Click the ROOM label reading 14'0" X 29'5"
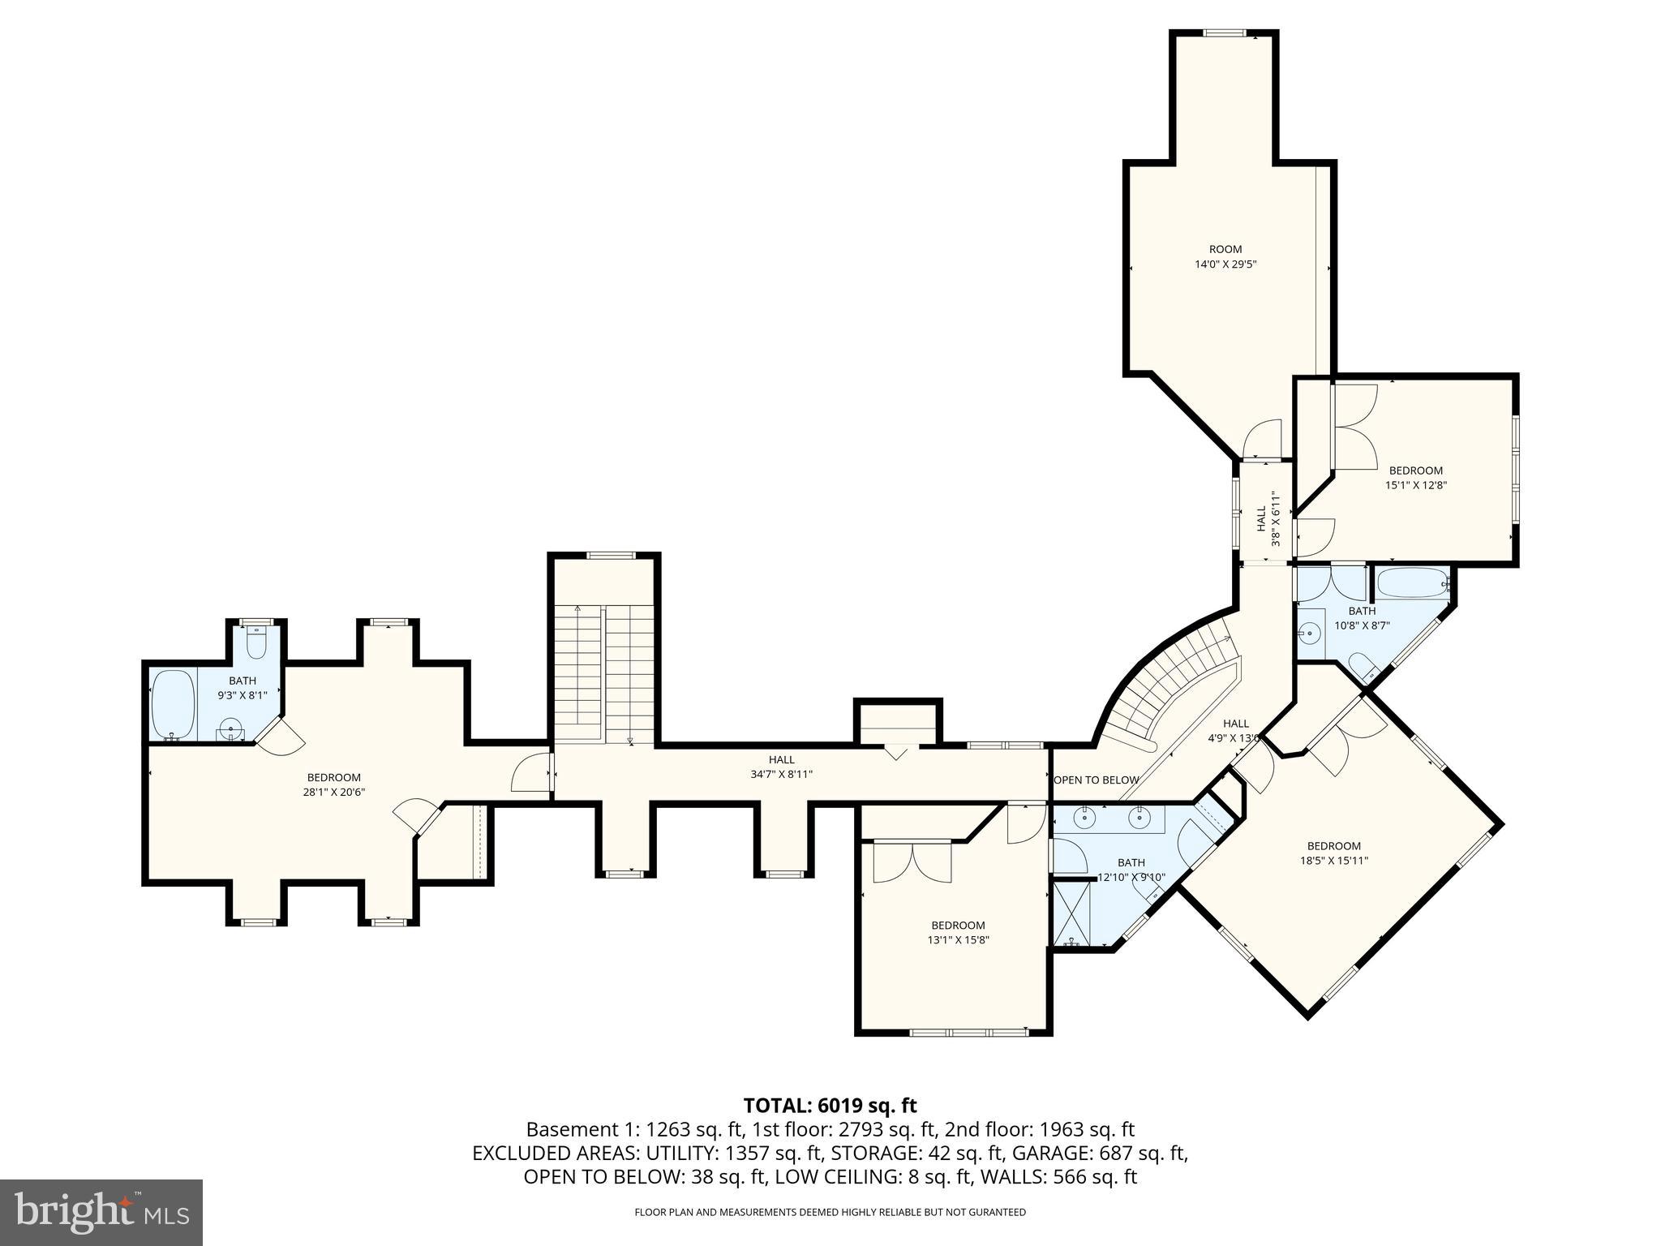coord(1225,257)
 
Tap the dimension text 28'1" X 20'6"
coord(334,792)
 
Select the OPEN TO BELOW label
coord(1097,780)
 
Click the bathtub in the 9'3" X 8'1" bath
coord(173,702)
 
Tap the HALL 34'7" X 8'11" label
coord(781,767)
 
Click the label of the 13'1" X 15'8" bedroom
coord(958,932)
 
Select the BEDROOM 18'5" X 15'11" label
coord(1333,853)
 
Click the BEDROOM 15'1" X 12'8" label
coord(1415,478)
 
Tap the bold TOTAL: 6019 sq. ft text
coord(830,1105)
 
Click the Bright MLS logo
coord(101,1212)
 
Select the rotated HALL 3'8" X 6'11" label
coord(1267,518)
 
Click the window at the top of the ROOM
coord(1223,33)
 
